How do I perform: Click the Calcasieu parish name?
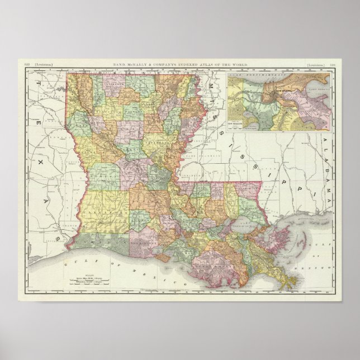[x=98, y=212]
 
